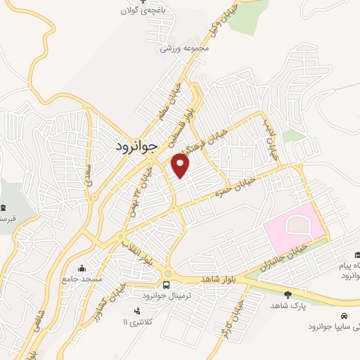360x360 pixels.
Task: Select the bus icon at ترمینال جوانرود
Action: pos(167,284)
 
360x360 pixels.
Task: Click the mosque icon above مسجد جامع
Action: pos(83,269)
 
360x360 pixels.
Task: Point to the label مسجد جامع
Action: pos(83,279)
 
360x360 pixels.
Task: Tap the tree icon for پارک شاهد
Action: pos(287,295)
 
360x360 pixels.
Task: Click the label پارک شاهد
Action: pos(287,307)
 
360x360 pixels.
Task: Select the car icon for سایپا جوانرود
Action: pos(345,316)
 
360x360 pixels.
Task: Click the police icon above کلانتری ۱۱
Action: pos(136,310)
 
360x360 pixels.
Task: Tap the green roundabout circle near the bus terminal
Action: pos(168,273)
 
